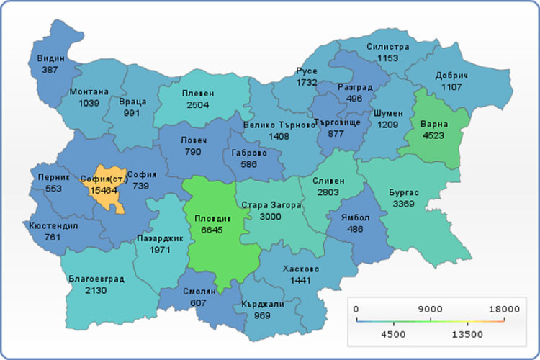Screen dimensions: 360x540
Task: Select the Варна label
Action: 433,125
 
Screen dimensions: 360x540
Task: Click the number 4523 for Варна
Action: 433,135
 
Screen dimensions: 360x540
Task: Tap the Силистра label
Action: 387,46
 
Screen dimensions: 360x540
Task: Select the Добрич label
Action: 451,76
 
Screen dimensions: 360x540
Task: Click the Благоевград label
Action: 96,279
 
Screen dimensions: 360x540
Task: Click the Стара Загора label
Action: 270,205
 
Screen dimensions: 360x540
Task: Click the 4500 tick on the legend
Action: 392,334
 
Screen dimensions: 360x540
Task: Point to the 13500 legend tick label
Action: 467,334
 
